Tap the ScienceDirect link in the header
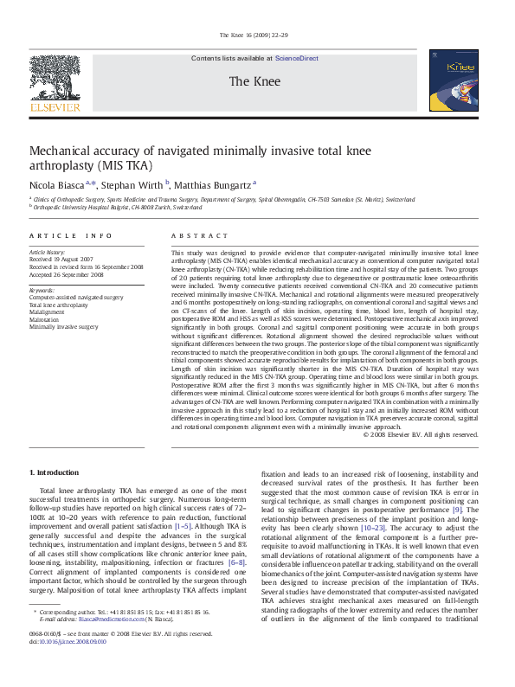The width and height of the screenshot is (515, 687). pyautogui.click(x=296, y=58)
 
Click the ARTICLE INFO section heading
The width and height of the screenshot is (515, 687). pyautogui.click(x=70, y=235)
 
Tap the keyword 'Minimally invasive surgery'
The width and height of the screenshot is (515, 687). pyautogui.click(x=64, y=328)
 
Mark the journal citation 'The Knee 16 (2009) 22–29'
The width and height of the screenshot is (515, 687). pyautogui.click(x=258, y=35)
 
